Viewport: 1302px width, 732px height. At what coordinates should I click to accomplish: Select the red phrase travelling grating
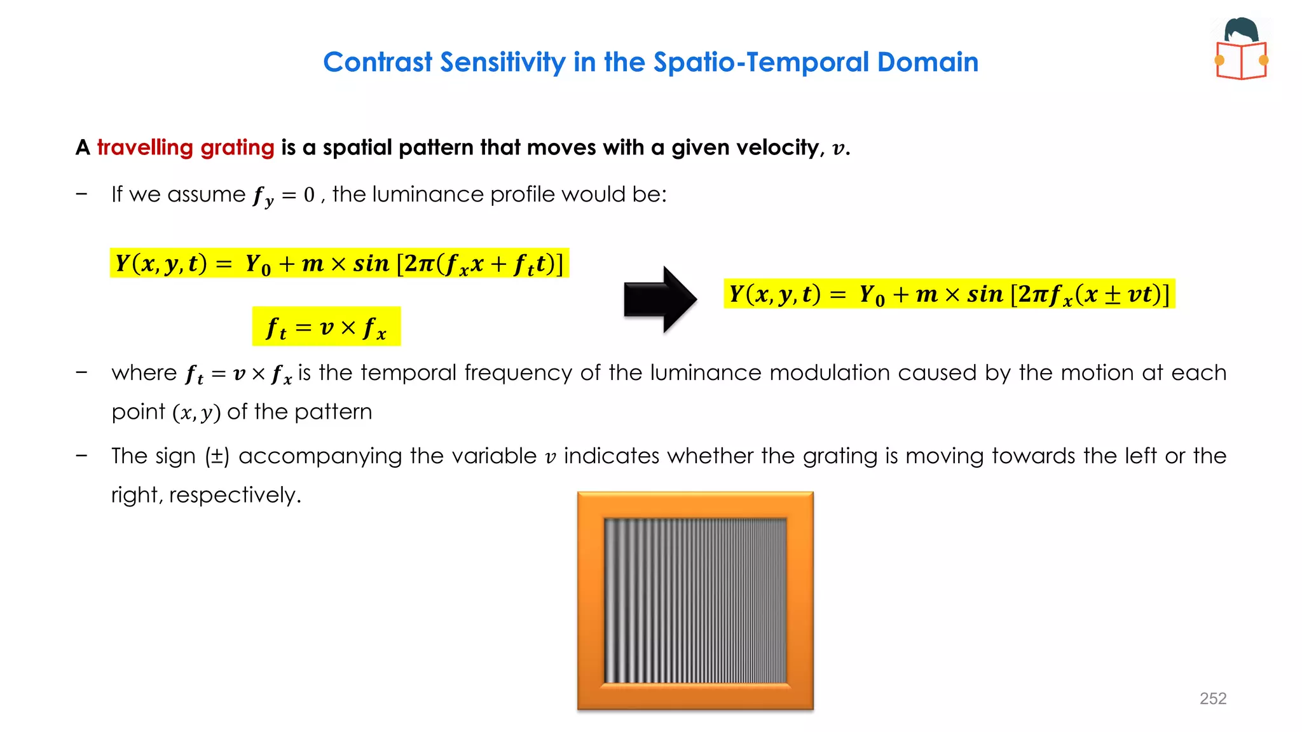tap(186, 147)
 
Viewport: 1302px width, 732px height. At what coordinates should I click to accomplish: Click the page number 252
tap(1212, 698)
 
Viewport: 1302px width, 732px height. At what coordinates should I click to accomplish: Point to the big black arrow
tap(660, 299)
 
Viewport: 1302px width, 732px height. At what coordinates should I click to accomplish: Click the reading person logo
tap(1242, 49)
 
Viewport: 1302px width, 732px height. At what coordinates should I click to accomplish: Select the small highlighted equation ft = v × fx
tap(326, 327)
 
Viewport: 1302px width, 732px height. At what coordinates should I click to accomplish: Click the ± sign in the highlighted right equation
tap(1112, 294)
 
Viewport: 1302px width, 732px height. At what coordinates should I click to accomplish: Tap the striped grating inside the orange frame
tap(695, 600)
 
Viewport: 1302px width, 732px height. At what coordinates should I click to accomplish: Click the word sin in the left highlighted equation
tap(371, 263)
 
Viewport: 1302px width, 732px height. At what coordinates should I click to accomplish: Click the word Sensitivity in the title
tap(502, 62)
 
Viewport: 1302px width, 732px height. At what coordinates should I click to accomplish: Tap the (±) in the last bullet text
tap(217, 456)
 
